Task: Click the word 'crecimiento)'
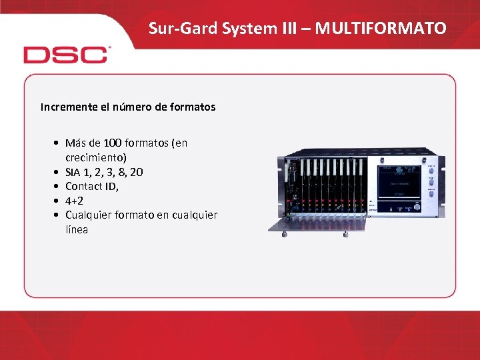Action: point(96,158)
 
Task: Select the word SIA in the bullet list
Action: point(74,172)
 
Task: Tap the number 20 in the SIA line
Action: point(136,172)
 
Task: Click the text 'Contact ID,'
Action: point(92,186)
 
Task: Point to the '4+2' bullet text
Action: point(74,201)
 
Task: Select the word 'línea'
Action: point(77,229)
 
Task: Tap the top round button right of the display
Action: point(431,171)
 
